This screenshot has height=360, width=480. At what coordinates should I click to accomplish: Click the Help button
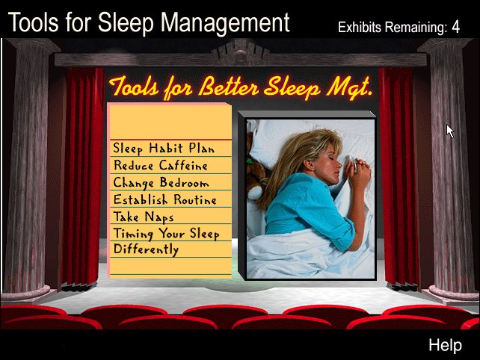click(445, 345)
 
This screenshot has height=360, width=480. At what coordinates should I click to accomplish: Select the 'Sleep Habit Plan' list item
click(164, 149)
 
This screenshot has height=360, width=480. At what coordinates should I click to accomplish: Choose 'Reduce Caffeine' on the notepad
click(161, 165)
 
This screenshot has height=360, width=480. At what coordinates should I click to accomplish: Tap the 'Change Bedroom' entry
click(161, 182)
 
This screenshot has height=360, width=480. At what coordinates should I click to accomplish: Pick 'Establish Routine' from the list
click(164, 199)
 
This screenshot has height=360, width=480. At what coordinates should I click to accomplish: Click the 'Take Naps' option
click(144, 217)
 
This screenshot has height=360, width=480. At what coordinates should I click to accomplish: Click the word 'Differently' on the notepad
click(146, 249)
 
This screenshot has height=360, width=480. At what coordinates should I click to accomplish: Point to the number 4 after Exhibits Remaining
click(455, 27)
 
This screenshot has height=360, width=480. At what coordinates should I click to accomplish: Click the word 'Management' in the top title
click(225, 23)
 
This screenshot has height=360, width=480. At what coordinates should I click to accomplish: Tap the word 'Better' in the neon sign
click(230, 87)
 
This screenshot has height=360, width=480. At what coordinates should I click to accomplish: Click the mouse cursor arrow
click(450, 131)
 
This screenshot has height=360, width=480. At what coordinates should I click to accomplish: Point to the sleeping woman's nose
click(338, 164)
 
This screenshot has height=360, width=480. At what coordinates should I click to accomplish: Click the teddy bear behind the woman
click(256, 171)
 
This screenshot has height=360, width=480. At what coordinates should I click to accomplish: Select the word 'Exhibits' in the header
click(360, 27)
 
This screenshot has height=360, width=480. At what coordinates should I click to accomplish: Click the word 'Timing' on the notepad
click(133, 234)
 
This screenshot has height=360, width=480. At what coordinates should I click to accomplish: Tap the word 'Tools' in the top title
click(34, 22)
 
